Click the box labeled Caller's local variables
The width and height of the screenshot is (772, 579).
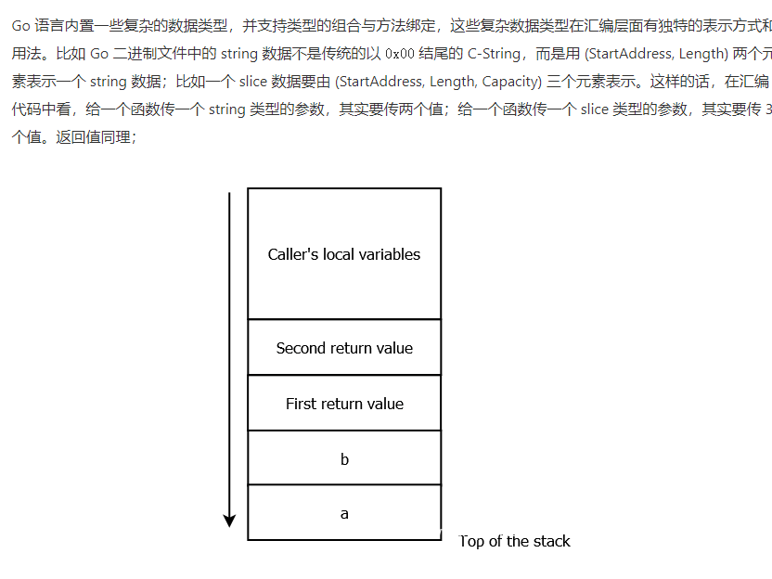344,254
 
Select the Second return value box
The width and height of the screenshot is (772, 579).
344,348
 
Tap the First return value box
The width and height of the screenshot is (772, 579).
344,404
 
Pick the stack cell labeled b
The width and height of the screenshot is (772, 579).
344,458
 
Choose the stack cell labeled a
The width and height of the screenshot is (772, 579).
344,513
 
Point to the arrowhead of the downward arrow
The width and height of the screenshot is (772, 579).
229,521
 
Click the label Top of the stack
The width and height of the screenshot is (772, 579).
515,541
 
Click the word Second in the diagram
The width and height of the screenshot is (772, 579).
300,348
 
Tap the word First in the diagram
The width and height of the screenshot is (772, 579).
301,404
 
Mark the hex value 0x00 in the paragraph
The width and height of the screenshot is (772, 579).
400,54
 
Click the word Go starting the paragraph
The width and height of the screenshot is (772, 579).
20,26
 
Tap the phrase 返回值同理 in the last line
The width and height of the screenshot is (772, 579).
96,137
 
